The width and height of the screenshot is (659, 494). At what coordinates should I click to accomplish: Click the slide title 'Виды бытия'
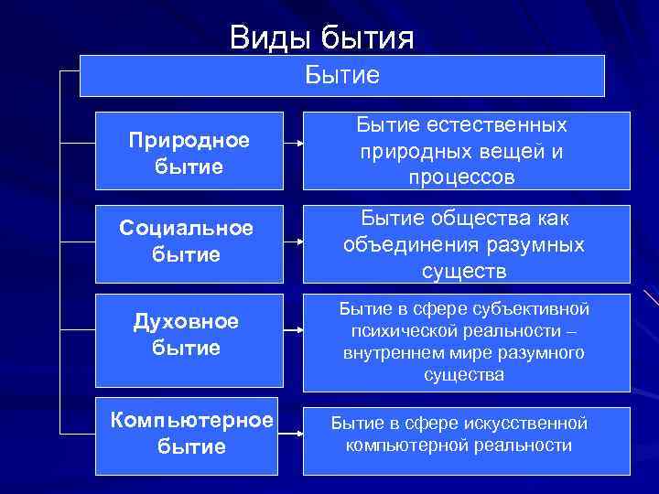(322, 38)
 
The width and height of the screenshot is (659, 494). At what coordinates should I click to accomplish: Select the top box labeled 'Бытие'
(341, 75)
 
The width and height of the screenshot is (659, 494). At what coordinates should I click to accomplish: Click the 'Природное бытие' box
(188, 154)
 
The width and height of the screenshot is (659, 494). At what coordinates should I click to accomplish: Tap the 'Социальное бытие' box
(188, 242)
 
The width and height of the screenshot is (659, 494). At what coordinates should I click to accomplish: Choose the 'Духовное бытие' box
(188, 335)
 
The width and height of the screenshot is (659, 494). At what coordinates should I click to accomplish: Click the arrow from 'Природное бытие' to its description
(290, 145)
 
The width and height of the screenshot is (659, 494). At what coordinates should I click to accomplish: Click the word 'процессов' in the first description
(462, 177)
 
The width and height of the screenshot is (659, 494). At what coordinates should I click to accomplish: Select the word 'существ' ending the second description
(462, 271)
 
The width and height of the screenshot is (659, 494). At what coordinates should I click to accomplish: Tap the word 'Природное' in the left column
(189, 141)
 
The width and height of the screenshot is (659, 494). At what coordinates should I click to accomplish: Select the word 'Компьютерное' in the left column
(191, 420)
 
